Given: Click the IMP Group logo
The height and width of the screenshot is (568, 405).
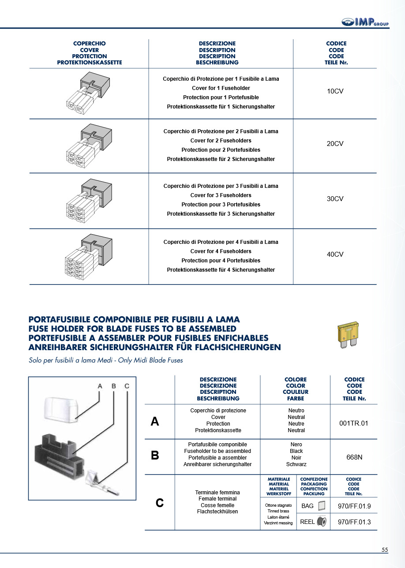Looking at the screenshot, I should click(x=365, y=22).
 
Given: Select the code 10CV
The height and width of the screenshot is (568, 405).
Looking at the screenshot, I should click(x=335, y=91).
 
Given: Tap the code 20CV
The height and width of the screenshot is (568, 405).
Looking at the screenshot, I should click(x=335, y=144).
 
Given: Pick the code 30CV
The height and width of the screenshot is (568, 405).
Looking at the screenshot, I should click(x=335, y=199).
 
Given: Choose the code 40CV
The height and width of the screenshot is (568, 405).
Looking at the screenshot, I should click(x=335, y=254).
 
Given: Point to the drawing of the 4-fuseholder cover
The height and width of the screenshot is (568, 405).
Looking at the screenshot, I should click(x=89, y=256).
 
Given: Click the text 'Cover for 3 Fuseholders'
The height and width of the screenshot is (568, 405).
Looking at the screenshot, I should click(x=221, y=195).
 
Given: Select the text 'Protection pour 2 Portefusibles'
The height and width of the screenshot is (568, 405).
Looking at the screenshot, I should click(x=221, y=150).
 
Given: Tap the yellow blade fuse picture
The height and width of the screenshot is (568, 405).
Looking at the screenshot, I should click(x=348, y=334).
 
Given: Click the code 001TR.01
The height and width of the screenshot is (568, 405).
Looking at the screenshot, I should click(x=354, y=423).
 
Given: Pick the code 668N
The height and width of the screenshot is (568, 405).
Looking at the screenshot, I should click(x=354, y=457).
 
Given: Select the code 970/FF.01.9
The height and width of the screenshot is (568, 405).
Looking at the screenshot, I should click(x=354, y=506).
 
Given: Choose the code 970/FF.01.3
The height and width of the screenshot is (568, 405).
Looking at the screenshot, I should click(x=354, y=522).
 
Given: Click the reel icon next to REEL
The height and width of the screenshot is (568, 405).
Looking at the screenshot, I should click(x=322, y=522).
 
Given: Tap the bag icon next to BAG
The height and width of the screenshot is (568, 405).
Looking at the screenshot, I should click(x=321, y=506).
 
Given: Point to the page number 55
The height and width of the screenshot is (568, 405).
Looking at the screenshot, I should click(x=385, y=550).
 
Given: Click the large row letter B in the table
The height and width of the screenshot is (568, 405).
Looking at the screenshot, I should click(x=155, y=456).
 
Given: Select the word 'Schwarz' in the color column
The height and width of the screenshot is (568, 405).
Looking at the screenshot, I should click(x=296, y=464).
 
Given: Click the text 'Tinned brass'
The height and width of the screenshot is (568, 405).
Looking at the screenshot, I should click(x=278, y=511).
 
